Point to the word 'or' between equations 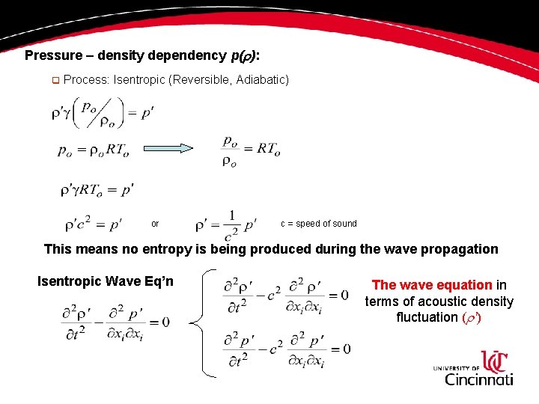point(155,224)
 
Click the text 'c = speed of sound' point(319,224)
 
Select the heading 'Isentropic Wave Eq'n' point(106,281)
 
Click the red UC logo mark point(495,361)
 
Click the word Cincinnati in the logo point(479,379)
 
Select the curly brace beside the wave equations point(198,324)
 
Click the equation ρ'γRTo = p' point(97,190)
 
